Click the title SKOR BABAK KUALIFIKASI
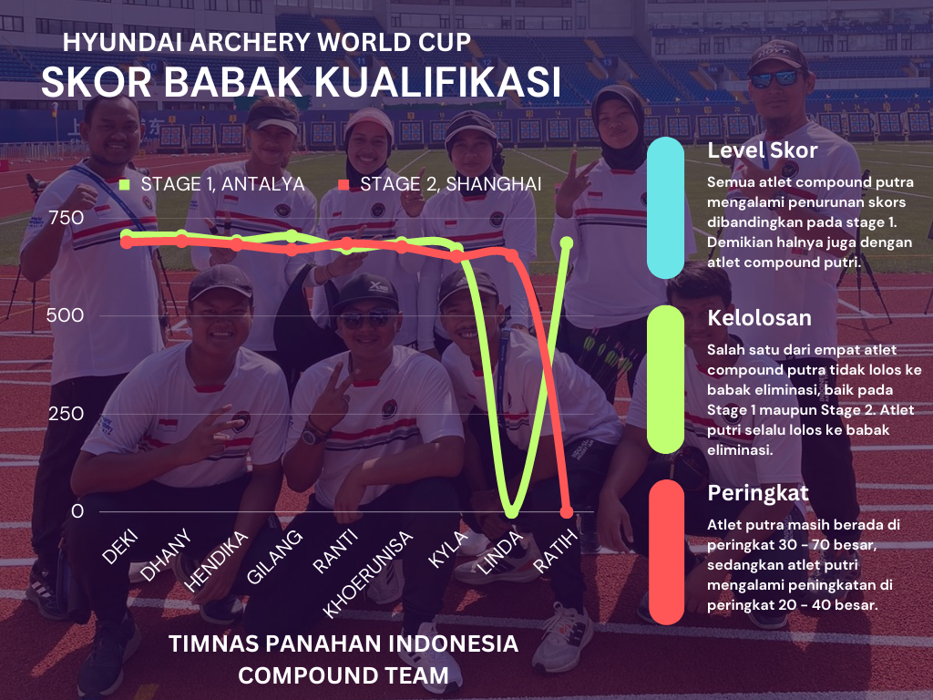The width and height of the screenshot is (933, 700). (x=300, y=83)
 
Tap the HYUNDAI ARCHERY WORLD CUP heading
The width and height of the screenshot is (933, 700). (x=267, y=42)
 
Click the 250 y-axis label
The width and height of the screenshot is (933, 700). (x=66, y=413)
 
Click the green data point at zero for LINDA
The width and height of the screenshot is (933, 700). (x=511, y=511)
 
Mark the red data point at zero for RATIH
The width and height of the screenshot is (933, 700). (x=566, y=511)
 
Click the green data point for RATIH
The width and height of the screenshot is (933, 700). (x=567, y=242)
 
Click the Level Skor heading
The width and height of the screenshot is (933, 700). (x=762, y=150)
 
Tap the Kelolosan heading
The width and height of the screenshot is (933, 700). (x=759, y=318)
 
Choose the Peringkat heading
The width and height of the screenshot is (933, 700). (x=758, y=492)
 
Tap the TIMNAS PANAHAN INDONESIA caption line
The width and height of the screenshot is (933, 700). (x=343, y=643)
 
